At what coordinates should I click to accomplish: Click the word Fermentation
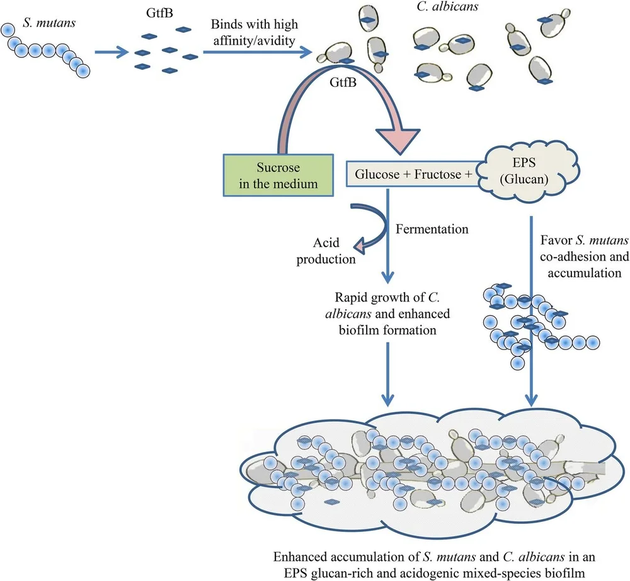(x=432, y=229)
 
